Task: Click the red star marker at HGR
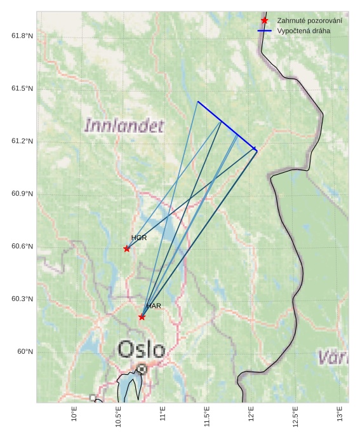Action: pos(127,248)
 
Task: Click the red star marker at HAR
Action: pos(142,316)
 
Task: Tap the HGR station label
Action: pos(139,238)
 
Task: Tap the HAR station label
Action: pos(154,306)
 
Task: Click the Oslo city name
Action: pos(142,349)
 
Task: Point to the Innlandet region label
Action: pos(124,125)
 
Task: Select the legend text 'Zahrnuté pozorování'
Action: pos(309,21)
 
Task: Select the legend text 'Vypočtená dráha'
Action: pos(303,30)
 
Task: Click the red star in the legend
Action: pos(265,21)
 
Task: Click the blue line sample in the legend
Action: pos(265,30)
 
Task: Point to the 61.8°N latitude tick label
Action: pos(22,36)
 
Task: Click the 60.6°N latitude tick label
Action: pos(22,247)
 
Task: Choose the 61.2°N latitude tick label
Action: pos(22,141)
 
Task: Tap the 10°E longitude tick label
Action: pos(75,414)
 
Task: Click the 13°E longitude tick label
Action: pos(340,414)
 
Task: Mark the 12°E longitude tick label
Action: pos(251,414)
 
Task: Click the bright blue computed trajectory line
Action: pos(227,125)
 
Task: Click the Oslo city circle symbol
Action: pos(142,368)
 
